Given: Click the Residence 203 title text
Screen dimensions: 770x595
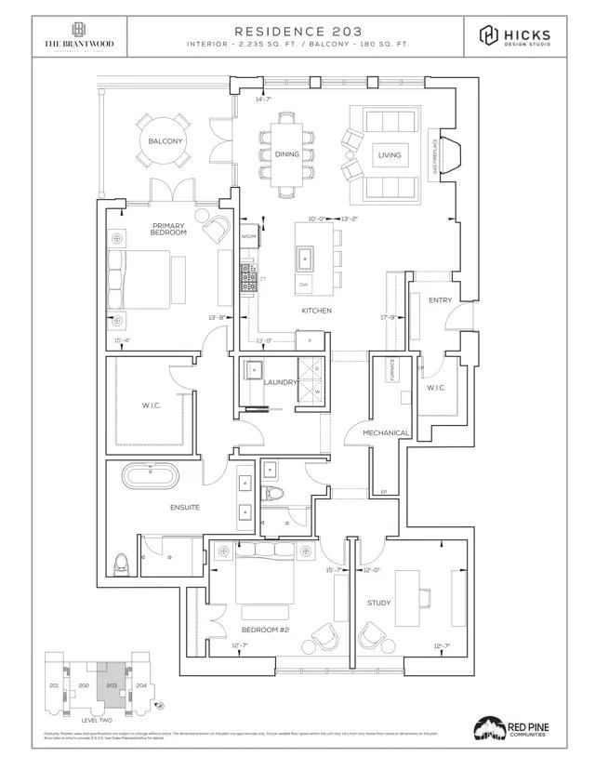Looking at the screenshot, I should pyautogui.click(x=297, y=31).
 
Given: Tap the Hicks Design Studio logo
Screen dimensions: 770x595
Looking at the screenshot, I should pyautogui.click(x=514, y=36).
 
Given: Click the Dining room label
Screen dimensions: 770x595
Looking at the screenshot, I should pyautogui.click(x=287, y=154).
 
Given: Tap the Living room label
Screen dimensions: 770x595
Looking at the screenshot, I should pyautogui.click(x=389, y=155).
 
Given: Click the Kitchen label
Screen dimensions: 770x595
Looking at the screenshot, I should pyautogui.click(x=316, y=311).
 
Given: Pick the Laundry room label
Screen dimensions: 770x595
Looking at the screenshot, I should pyautogui.click(x=280, y=382).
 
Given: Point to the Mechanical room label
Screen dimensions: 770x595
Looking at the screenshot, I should pyautogui.click(x=386, y=432).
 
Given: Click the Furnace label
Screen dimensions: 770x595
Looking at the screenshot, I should pyautogui.click(x=378, y=372).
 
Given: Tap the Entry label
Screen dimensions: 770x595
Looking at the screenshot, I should pyautogui.click(x=440, y=300).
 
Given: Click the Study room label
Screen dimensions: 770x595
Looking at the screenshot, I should pyautogui.click(x=378, y=603).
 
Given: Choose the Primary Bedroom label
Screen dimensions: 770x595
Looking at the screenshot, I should pyautogui.click(x=169, y=228).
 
